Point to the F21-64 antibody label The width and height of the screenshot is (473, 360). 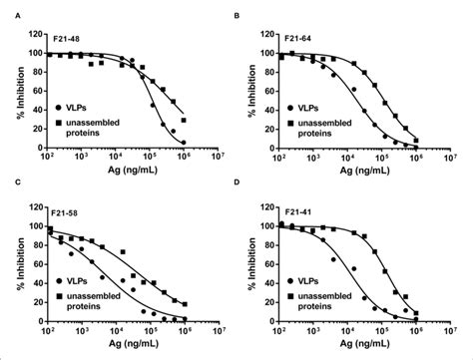coord(297,39)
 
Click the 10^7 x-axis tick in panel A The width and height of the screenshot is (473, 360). coord(221,158)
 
